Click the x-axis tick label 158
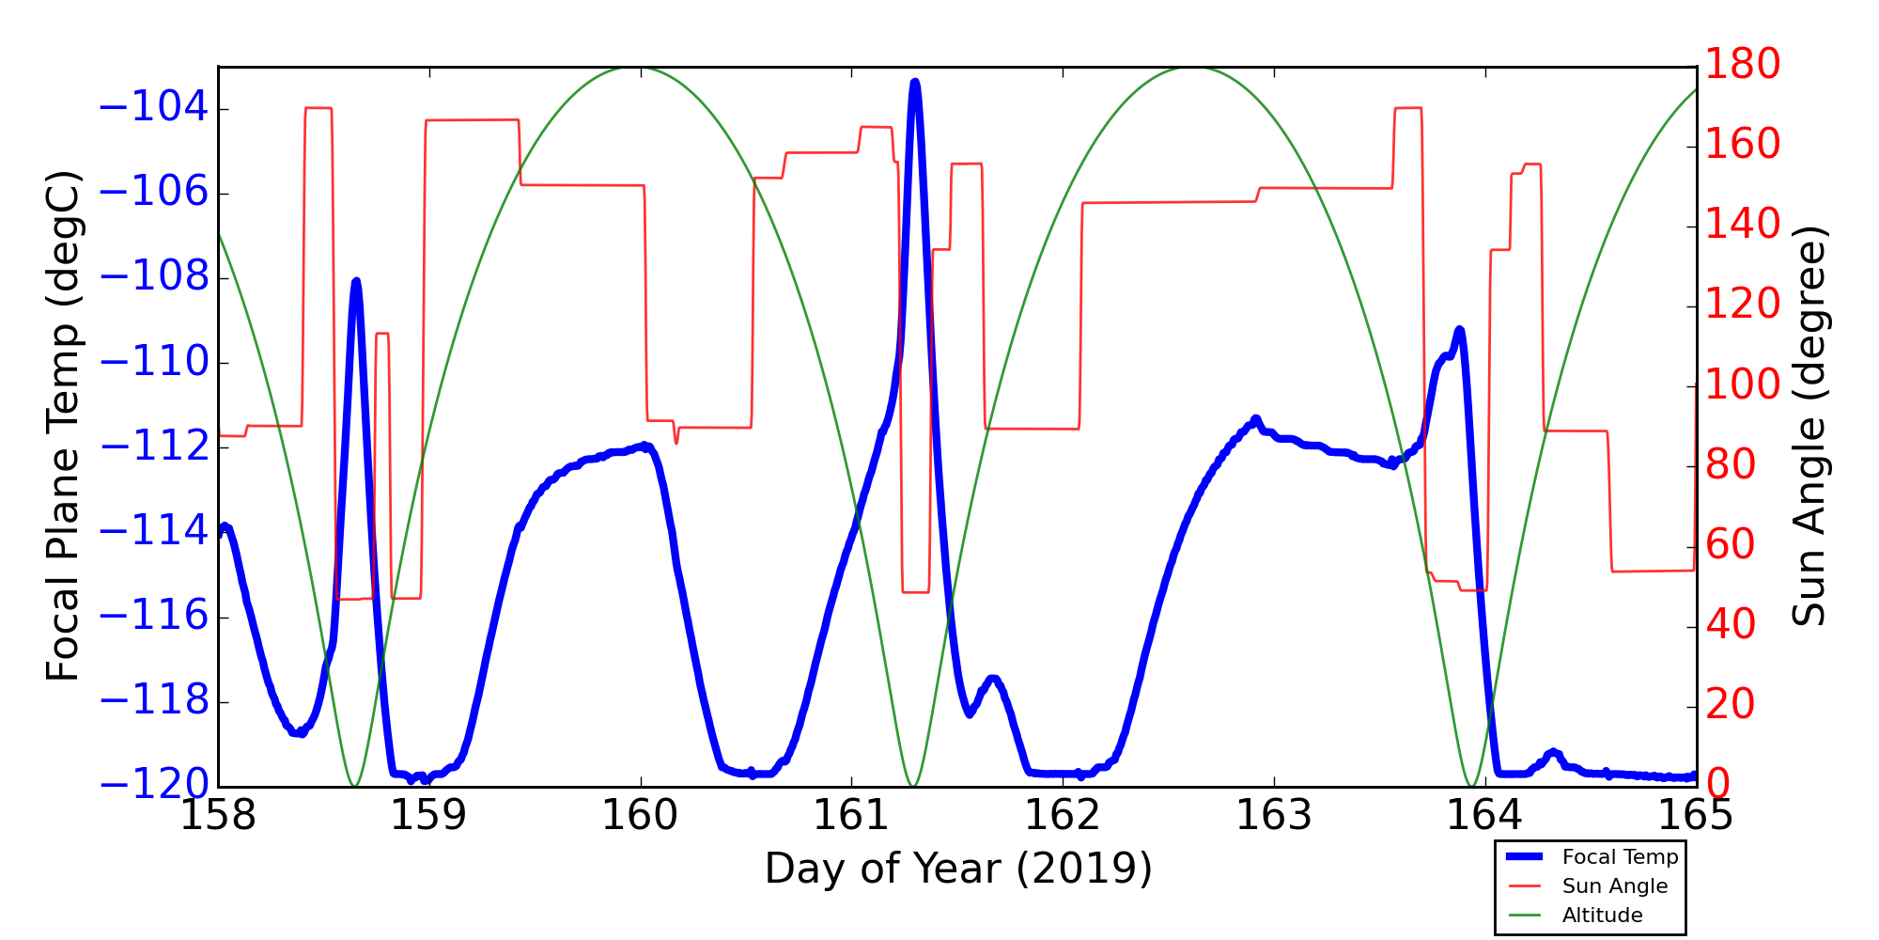(218, 816)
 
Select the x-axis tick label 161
(851, 816)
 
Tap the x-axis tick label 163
(1273, 816)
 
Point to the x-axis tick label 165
(1695, 816)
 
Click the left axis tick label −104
(153, 108)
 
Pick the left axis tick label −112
(153, 447)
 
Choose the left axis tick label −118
(153, 702)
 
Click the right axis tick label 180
(1743, 65)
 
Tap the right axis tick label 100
(1743, 385)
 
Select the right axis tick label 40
(1731, 625)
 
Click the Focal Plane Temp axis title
(63, 426)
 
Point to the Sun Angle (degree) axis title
(1809, 426)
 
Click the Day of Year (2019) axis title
(957, 869)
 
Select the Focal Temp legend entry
(1619, 857)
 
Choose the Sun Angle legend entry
(1614, 886)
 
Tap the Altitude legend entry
(1602, 916)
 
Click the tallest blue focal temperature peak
(915, 83)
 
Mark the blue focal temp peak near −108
(356, 281)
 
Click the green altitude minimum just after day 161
(912, 785)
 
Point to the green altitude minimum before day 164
(1470, 785)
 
